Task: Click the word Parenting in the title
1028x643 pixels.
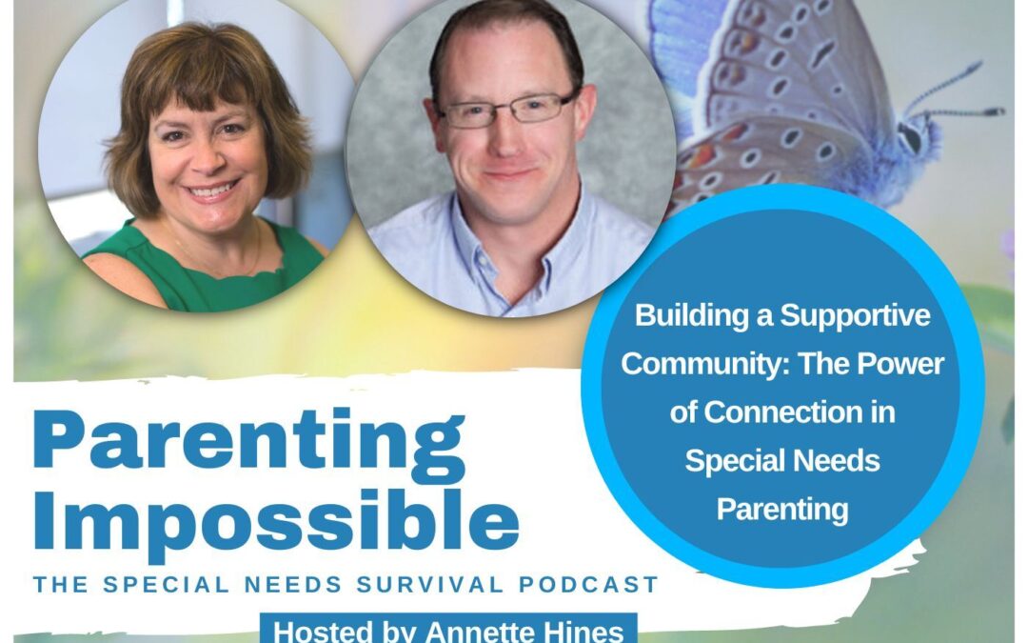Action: [248, 441]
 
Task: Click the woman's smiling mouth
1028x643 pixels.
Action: [212, 190]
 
